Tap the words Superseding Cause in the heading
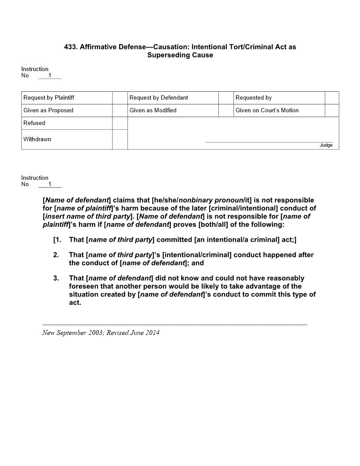tap(180, 55)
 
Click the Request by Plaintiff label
tap(49, 98)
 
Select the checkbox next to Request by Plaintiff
tap(120, 98)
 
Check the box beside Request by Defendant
tap(226, 98)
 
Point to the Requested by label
tap(253, 98)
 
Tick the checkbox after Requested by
tap(332, 98)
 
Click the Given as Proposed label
tap(48, 110)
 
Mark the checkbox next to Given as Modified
tap(226, 110)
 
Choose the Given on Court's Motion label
tap(267, 110)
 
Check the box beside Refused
tap(120, 123)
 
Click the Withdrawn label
tap(37, 139)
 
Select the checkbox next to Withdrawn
tap(120, 139)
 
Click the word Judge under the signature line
tap(326, 145)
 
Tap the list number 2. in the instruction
tap(56, 255)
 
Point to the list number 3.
tap(56, 278)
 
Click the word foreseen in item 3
tap(83, 286)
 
